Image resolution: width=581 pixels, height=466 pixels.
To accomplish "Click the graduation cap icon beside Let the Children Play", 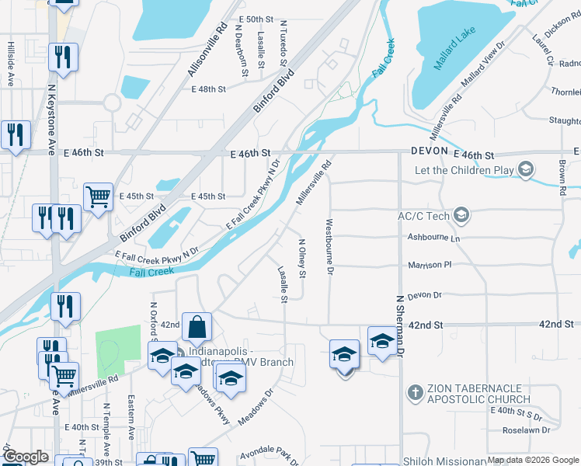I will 526,169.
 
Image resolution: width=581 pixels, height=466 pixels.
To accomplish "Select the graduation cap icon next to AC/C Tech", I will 461,214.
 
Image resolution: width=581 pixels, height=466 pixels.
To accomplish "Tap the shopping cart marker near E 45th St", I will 98,196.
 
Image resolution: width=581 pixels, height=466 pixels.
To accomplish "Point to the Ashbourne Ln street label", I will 433,238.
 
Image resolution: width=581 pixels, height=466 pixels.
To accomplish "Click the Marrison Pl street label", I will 429,265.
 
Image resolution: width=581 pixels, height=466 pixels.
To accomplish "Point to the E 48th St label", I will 208,90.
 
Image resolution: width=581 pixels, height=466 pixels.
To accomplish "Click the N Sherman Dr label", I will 401,324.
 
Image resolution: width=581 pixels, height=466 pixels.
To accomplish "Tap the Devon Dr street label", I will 424,295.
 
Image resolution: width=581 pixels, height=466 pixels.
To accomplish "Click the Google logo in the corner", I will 25,457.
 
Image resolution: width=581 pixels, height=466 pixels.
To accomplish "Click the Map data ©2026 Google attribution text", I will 533,461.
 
